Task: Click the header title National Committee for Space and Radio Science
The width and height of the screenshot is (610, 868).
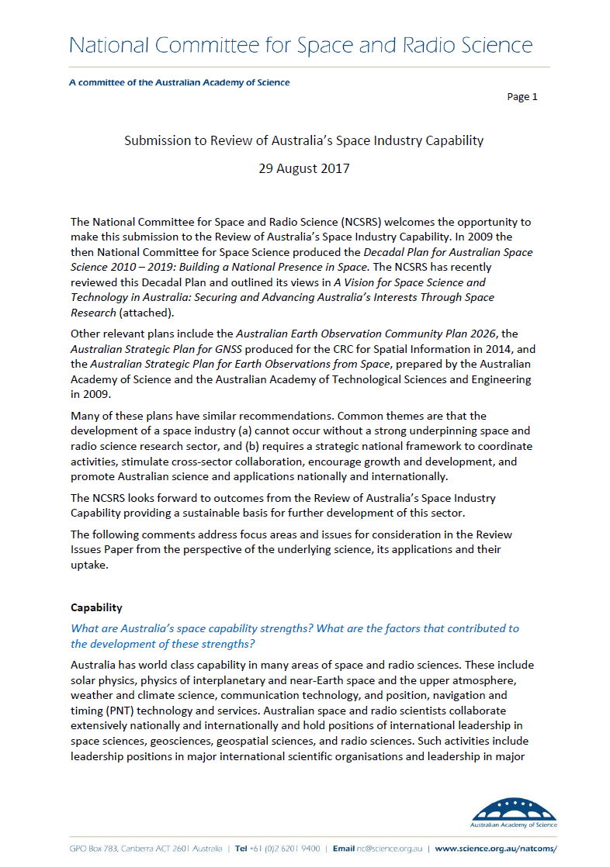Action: point(301,45)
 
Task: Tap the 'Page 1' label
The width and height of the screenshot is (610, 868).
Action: point(522,97)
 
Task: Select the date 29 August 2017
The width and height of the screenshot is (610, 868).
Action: point(303,168)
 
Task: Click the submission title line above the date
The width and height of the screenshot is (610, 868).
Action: point(304,140)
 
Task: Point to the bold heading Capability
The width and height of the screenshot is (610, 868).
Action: point(96,607)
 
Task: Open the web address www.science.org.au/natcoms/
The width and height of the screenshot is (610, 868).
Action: point(496,849)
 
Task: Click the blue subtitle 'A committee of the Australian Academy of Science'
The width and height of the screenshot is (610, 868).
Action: point(179,82)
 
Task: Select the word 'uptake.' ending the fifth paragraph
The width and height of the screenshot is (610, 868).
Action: point(89,565)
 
